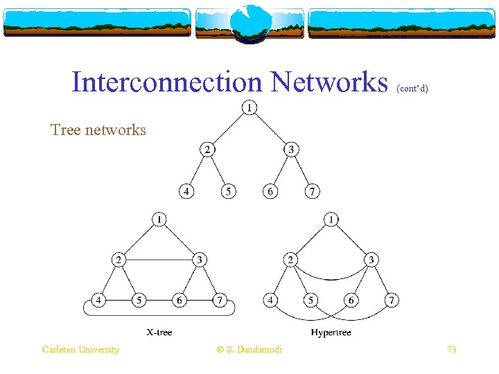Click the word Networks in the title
click(330, 82)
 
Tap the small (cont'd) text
click(412, 89)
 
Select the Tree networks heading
click(98, 130)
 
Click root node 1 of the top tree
click(248, 107)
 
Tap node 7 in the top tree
click(313, 191)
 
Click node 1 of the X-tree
click(159, 220)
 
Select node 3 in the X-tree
click(200, 260)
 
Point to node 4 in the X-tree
click(100, 301)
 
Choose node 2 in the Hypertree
click(290, 260)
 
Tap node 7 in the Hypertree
click(392, 301)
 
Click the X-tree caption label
click(159, 332)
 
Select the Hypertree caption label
click(331, 332)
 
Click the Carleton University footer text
click(80, 350)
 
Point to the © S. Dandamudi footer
click(249, 350)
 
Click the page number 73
click(451, 350)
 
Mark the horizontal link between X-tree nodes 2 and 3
click(159, 260)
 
